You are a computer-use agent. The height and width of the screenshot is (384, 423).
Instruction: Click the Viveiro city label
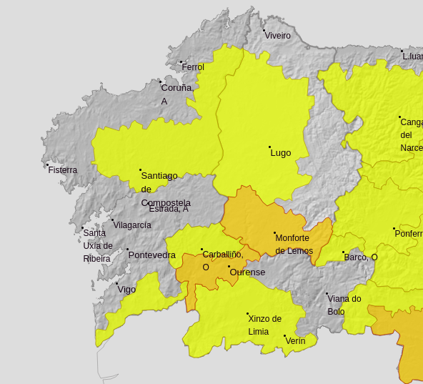click(277, 36)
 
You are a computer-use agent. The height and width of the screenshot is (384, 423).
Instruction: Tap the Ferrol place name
click(193, 67)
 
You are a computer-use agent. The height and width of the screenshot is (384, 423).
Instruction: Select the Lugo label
click(281, 153)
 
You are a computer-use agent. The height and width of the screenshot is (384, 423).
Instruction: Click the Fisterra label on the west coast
click(62, 170)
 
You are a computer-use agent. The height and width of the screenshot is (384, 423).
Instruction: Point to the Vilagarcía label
click(132, 225)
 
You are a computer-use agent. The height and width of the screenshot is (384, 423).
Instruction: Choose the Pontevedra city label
click(151, 255)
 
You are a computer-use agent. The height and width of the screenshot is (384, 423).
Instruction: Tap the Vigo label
click(126, 290)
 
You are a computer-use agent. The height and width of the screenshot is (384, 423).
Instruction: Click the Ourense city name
click(247, 272)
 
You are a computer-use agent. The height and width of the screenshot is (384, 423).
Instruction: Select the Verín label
click(295, 341)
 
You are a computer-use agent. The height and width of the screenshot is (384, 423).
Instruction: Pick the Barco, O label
click(361, 257)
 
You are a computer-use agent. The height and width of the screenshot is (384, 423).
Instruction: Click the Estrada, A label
click(169, 209)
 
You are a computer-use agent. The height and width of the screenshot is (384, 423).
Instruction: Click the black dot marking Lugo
click(269, 147)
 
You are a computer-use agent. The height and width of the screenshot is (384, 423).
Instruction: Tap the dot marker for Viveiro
click(263, 30)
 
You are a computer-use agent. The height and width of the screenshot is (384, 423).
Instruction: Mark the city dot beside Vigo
click(117, 283)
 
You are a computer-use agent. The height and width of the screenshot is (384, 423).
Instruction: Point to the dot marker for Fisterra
click(47, 164)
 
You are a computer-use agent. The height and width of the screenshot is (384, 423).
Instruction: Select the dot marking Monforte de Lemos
click(274, 232)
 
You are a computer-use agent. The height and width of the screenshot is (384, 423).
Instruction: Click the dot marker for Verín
click(284, 335)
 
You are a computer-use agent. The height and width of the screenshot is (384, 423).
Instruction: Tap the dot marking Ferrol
click(181, 61)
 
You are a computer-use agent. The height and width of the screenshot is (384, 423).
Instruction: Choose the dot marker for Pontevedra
click(128, 250)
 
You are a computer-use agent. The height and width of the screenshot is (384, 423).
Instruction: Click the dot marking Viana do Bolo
click(327, 293)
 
